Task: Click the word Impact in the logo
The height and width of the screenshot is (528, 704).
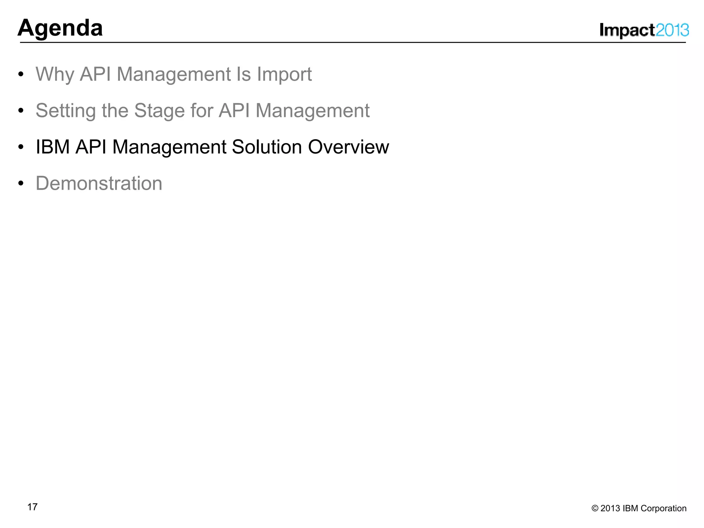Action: (627, 31)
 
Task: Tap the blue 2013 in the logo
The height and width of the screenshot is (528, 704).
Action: (672, 31)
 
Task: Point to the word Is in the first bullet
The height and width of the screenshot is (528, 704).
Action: (243, 74)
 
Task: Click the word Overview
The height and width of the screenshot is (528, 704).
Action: (348, 147)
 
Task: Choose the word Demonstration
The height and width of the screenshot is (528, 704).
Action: (99, 183)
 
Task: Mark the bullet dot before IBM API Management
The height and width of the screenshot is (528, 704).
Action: (21, 147)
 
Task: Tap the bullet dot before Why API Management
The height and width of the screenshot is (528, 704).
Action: (21, 75)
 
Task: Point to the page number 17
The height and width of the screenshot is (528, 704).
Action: (32, 507)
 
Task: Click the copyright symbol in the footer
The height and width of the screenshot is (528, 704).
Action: (595, 508)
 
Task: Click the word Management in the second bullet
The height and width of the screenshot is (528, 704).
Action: (312, 111)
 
